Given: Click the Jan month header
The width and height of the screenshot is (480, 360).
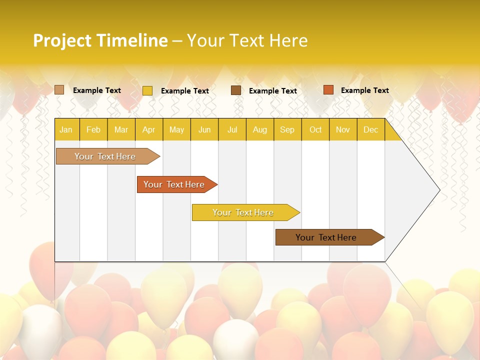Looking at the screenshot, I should coord(66,130).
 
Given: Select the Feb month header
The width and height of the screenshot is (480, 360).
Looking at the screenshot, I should coord(93,130).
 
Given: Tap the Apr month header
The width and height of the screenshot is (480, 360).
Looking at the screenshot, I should coord(149,130).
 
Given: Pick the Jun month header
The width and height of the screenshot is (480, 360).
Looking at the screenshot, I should coord(204,130).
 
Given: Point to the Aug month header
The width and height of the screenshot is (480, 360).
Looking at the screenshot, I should coord(260,130).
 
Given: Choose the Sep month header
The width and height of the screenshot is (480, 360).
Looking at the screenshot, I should coord(287,130).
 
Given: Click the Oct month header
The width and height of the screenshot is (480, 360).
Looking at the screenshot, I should coord(315,130).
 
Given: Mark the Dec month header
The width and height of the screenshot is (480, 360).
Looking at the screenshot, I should coord(371,130).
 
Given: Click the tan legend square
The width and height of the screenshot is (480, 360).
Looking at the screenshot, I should coord(59,90).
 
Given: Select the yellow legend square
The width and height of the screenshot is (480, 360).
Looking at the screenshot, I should coord(147,90).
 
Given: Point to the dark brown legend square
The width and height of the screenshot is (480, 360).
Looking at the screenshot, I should coord(236,90).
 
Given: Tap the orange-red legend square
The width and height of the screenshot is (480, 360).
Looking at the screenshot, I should coord(328,90).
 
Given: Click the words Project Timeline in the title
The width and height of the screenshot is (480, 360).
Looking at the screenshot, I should coord(100,40).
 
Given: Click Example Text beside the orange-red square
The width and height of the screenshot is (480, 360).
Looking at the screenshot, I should coord(364,90).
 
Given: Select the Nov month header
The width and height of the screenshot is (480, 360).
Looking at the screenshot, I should coord(343,130).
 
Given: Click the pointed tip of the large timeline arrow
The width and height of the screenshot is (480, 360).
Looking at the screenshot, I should coord(438,189).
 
